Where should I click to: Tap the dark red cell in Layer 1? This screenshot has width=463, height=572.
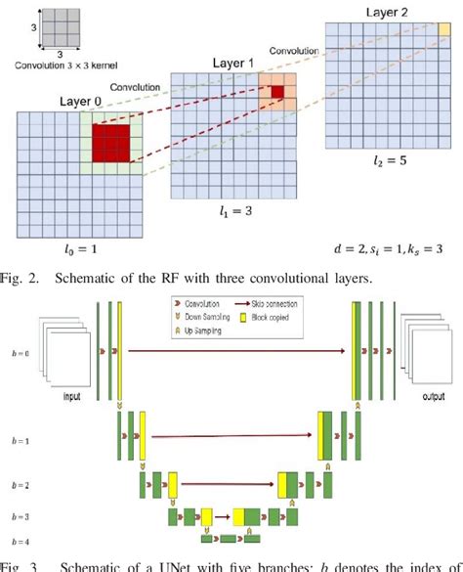click(278, 92)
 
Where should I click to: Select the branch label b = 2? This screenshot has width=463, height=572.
click(21, 483)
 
